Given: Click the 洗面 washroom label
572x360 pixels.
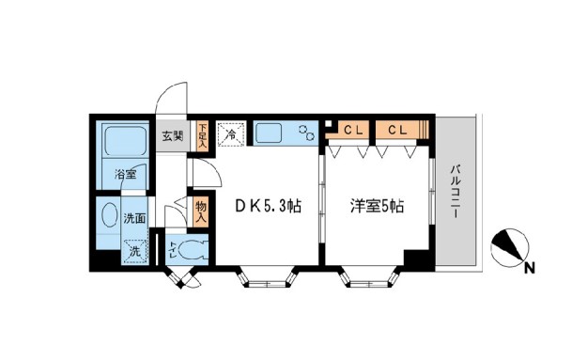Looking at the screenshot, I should tap(134, 218).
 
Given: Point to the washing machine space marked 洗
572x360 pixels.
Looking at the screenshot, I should tap(134, 251).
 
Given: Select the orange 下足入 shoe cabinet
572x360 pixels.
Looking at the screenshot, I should tap(202, 135).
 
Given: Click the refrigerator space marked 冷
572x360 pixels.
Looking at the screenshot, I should tap(229, 134).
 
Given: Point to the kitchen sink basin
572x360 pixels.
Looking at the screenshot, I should tap(273, 133).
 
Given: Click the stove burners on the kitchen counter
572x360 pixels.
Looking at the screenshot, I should tap(306, 133).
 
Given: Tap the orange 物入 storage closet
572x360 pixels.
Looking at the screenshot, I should tap(201, 209).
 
